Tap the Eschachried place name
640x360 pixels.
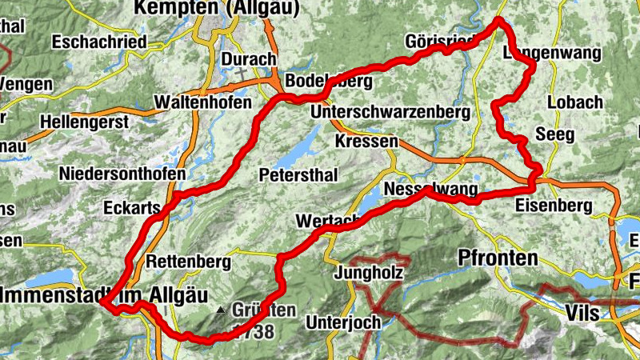tap(99, 40)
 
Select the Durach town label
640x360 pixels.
tap(248, 59)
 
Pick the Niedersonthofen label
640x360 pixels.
tap(122, 174)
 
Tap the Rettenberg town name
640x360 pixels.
tap(189, 262)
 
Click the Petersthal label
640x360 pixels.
tap(298, 174)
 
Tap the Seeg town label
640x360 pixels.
tap(554, 134)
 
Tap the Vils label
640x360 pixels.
tap(582, 311)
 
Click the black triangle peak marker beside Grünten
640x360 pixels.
tap(222, 310)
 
